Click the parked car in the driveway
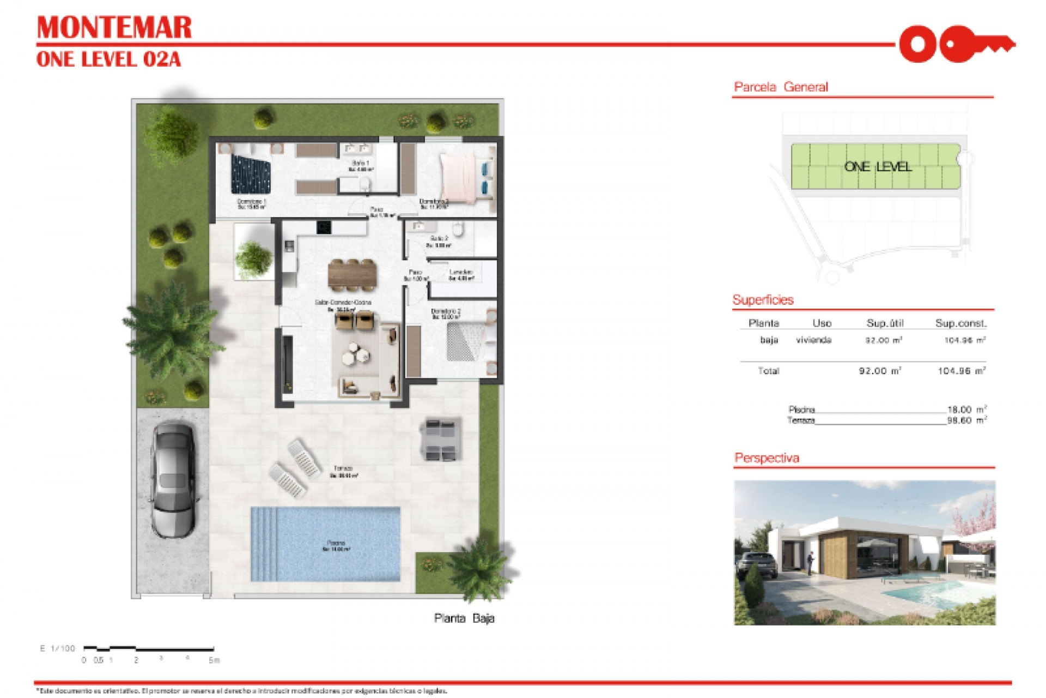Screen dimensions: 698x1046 coord(173,479)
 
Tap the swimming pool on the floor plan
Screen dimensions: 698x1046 coord(326,544)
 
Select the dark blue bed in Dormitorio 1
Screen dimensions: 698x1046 coord(250,173)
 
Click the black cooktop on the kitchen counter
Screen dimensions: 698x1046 coord(325,226)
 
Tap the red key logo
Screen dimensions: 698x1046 coord(956,44)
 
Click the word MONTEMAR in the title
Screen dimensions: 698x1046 coord(114,28)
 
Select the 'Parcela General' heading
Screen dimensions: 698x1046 coord(781,87)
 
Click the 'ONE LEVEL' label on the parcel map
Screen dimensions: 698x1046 coord(877,167)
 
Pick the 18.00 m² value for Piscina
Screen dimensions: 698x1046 coord(966,410)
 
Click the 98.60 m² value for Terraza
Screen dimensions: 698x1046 coord(966,420)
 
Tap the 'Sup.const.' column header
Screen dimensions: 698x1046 coord(960,323)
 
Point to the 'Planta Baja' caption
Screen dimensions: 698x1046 coord(464,618)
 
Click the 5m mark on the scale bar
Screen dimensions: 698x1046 coord(214,660)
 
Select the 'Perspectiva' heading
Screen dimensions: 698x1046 coord(767,458)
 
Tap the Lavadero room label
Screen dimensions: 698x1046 coord(461,272)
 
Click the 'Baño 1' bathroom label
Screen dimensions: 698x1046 coord(360,163)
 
